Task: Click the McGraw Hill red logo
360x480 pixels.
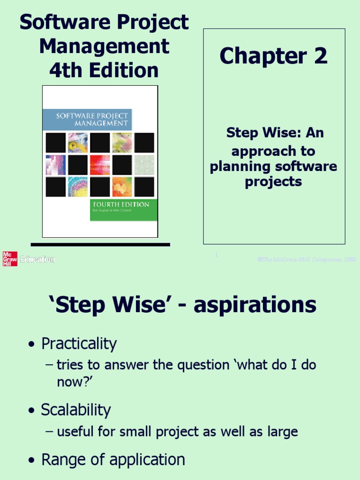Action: coord(10,259)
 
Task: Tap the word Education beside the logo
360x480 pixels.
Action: coord(37,259)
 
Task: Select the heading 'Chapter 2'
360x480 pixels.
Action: coord(273,57)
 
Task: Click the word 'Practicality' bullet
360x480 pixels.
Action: coord(79,344)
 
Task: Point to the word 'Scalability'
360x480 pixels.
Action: coord(75,410)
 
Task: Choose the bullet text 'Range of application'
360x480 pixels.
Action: coord(113,460)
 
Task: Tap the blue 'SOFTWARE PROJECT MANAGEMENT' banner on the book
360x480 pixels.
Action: coord(87,120)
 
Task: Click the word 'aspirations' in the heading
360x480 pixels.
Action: coord(255,306)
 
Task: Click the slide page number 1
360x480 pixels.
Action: coord(216,255)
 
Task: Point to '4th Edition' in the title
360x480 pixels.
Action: coord(104,71)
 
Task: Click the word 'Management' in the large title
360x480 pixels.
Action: coord(104,47)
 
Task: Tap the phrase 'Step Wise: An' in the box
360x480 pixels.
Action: coord(275,133)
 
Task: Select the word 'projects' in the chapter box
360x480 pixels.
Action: coord(273,182)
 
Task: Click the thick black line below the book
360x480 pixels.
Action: coord(100,244)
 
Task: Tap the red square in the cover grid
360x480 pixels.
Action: coord(100,165)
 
